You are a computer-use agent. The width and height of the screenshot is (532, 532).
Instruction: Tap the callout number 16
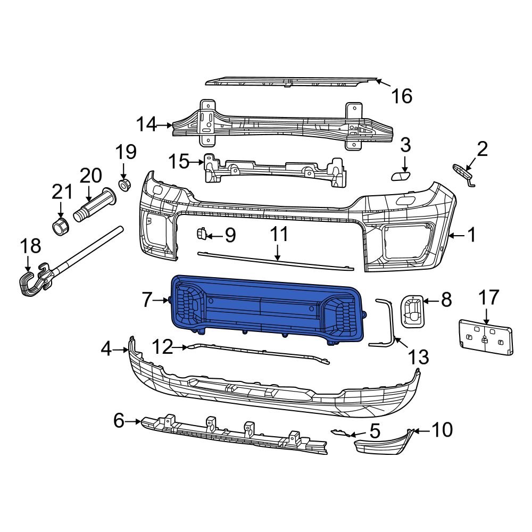[402, 96]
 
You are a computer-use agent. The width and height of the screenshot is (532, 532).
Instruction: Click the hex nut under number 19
[123, 185]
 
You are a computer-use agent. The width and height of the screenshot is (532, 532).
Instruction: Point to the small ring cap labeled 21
[61, 226]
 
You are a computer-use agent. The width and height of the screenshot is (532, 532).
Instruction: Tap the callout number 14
[146, 125]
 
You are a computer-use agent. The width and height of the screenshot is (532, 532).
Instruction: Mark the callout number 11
[279, 234]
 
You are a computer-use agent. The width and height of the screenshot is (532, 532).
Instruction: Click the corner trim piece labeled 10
[383, 445]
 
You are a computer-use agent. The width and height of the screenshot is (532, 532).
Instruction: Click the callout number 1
[471, 235]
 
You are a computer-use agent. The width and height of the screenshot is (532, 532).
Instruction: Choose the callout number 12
[163, 347]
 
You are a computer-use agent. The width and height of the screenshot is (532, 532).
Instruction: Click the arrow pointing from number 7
[162, 301]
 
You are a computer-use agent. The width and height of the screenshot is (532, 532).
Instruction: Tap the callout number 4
[106, 350]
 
